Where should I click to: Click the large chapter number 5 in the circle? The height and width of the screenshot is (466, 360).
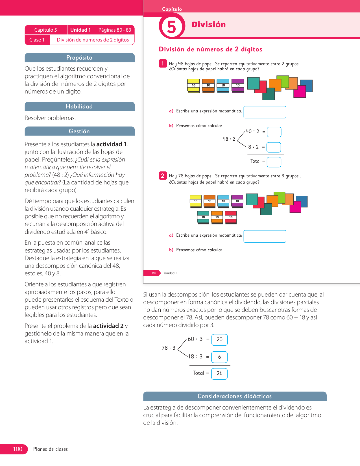[x=171, y=27]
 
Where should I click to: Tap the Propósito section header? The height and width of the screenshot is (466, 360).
[x=79, y=58]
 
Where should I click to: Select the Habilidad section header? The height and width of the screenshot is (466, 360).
[x=79, y=106]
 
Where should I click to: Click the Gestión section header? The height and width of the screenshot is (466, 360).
[x=79, y=131]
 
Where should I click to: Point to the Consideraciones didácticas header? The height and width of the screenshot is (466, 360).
[x=235, y=396]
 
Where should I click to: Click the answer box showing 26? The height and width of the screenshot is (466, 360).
[x=219, y=373]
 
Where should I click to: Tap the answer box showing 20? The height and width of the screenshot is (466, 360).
[x=219, y=339]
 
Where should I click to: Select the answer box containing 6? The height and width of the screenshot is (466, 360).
[x=219, y=357]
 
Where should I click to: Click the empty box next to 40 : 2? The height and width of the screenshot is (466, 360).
[x=274, y=132]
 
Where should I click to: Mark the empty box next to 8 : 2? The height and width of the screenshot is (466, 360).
[x=274, y=147]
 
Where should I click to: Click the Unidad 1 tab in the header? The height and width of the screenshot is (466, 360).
[x=80, y=30]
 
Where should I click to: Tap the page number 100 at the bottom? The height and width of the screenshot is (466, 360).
[x=18, y=449]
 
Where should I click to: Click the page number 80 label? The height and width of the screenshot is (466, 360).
[x=154, y=273]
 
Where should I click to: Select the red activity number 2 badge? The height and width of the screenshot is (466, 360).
[x=163, y=176]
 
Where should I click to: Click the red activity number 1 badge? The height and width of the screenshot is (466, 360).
[x=163, y=64]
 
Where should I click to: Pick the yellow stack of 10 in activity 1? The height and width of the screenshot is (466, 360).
[x=193, y=85]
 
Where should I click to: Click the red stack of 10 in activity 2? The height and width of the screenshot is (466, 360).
[x=231, y=217]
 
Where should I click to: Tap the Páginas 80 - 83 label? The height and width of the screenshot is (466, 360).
[x=115, y=30]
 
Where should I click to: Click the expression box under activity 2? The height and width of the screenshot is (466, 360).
[x=265, y=236]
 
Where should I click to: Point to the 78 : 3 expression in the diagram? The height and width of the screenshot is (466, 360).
[x=169, y=348]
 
